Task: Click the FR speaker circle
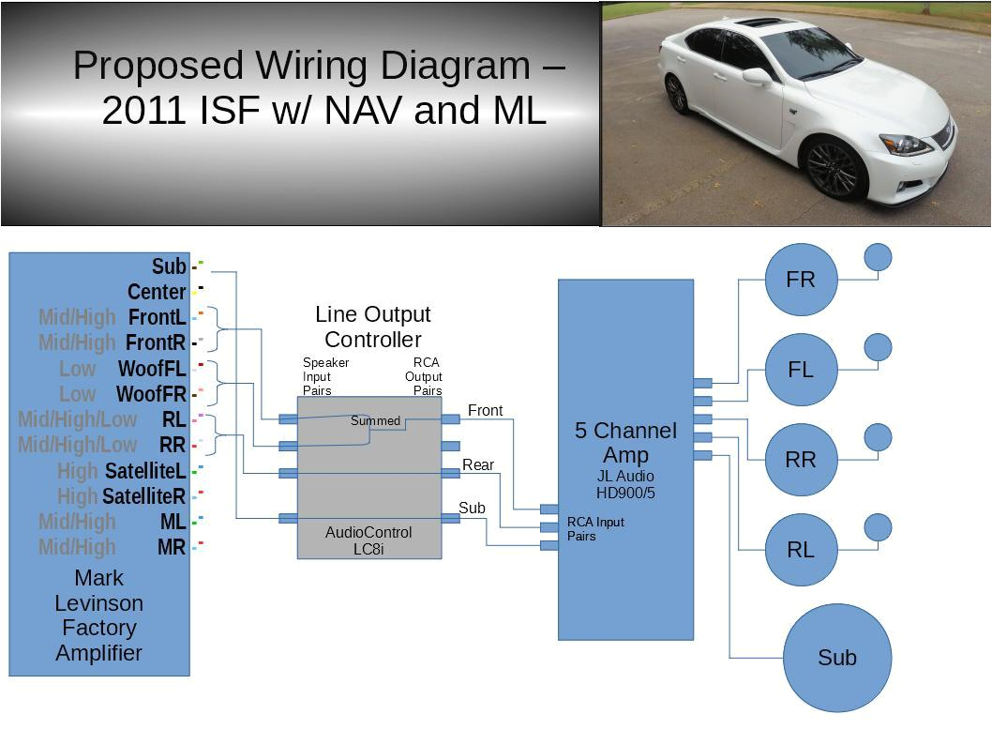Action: (x=801, y=280)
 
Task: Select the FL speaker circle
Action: (x=801, y=370)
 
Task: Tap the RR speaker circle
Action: (x=801, y=460)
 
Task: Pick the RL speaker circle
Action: (x=801, y=550)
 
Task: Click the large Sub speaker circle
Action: (x=836, y=658)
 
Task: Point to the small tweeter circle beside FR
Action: (x=878, y=257)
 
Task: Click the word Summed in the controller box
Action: (x=375, y=421)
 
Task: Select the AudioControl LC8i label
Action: (x=368, y=540)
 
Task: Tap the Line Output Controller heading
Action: (x=372, y=327)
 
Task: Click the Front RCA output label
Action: (x=485, y=410)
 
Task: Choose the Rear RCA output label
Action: (x=478, y=464)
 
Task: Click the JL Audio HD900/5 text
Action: (x=625, y=483)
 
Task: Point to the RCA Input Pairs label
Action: (x=595, y=529)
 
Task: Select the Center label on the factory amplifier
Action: (x=157, y=292)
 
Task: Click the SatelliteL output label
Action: (x=145, y=470)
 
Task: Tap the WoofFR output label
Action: (x=151, y=394)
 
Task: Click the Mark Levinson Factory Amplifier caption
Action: (x=98, y=615)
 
